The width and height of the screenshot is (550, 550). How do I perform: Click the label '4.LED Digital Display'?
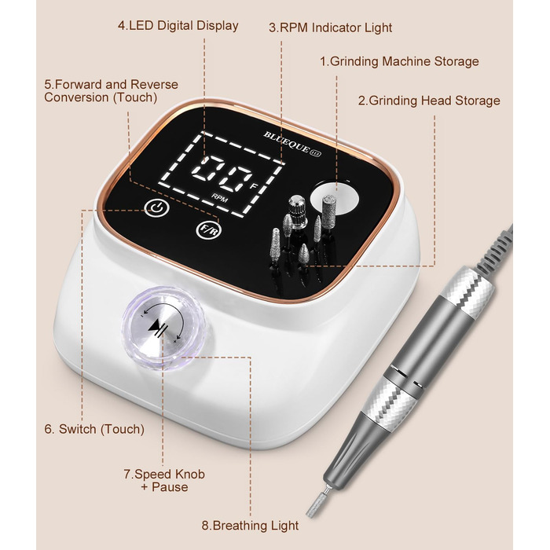tap(178, 26)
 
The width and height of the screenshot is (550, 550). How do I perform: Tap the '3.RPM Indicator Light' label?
tap(331, 27)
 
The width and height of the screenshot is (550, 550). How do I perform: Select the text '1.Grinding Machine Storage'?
tap(399, 61)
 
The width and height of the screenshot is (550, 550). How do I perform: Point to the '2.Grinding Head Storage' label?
tap(429, 101)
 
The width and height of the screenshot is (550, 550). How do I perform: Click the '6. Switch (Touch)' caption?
tap(94, 429)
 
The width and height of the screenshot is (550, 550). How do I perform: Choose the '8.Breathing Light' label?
tap(250, 526)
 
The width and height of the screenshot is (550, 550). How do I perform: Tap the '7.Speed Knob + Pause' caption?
tap(164, 481)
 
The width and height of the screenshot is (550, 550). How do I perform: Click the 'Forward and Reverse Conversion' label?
tap(111, 91)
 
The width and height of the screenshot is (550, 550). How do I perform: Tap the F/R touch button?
tap(209, 230)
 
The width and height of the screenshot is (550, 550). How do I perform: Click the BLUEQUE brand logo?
tap(292, 144)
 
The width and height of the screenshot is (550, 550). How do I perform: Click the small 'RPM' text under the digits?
tap(219, 198)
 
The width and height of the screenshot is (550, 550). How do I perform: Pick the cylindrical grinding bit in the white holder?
tap(329, 209)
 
